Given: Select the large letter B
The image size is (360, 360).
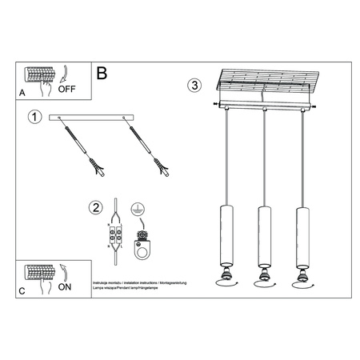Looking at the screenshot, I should tap(102, 74).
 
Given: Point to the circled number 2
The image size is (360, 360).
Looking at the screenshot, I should tap(97, 209).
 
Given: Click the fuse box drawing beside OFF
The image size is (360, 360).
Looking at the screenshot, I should tap(40, 76).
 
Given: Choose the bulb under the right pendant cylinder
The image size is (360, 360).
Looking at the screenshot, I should tap(302, 277).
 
